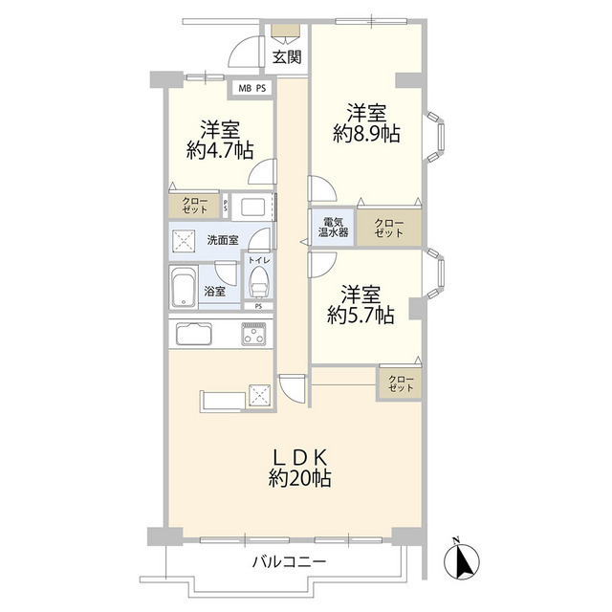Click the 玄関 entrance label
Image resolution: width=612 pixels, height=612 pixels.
point(286,57)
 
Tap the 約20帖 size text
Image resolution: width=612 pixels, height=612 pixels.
point(295,480)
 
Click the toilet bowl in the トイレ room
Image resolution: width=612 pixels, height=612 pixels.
point(258,284)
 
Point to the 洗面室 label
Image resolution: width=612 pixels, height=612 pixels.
point(226,240)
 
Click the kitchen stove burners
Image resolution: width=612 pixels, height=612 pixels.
point(255,335)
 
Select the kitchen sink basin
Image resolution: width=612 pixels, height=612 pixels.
point(196,335)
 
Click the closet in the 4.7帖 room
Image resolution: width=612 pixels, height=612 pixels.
point(195,206)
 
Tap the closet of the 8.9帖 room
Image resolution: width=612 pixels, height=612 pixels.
point(389,227)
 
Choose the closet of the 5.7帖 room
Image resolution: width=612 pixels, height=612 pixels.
point(401,383)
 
